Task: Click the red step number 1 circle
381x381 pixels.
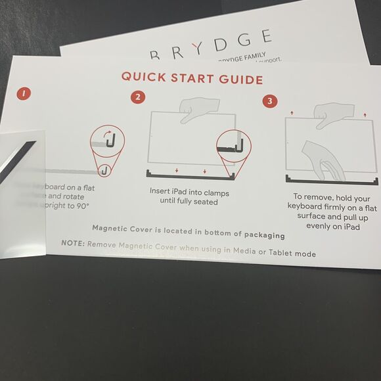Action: click(24, 93)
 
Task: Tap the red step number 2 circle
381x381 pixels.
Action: click(137, 97)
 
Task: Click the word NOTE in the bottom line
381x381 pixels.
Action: click(72, 243)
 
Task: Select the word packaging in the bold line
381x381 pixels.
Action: click(261, 235)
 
